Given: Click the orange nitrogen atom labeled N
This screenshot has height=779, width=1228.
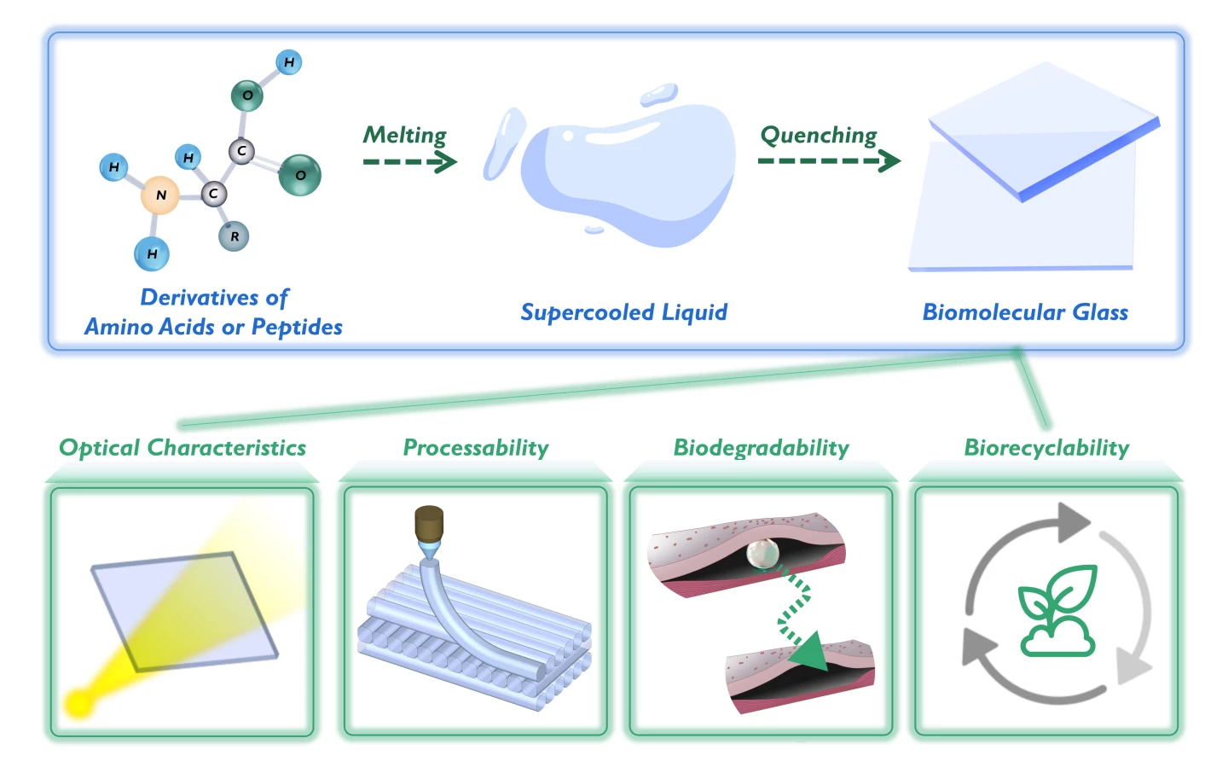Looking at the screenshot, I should pos(160,195).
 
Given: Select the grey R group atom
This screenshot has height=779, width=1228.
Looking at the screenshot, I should pos(234,236).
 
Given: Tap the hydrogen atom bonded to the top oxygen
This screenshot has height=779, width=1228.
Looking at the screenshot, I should pos(289,62).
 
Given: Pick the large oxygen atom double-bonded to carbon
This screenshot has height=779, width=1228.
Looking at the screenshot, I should pos(299,175).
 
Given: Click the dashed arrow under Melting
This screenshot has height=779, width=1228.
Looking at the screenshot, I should pos(409,161).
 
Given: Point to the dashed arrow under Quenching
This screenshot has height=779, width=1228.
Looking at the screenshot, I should pos(828,160).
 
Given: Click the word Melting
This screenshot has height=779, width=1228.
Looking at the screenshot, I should pos(405,135).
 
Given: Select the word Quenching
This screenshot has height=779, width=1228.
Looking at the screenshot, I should pos(818,135).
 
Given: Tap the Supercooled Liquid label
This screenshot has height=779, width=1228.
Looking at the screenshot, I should pos(623,312).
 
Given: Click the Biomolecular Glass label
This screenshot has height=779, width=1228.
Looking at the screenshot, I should pos(1025,312).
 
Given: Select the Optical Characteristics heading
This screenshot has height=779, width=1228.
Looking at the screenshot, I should pos(182,448).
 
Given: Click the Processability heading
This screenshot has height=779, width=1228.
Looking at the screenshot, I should pos(476,448).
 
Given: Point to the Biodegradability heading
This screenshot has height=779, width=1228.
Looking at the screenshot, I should pos(761,448).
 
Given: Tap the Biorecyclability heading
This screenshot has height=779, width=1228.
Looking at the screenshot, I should pos(1046,448).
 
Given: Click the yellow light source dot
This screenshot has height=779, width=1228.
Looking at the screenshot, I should pos(79,703).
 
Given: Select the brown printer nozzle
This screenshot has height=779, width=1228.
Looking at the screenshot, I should pos(429,523).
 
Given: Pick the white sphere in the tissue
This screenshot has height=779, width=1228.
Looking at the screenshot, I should pos(762,555).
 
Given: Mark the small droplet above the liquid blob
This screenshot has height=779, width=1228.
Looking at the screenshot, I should pos(658,94).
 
